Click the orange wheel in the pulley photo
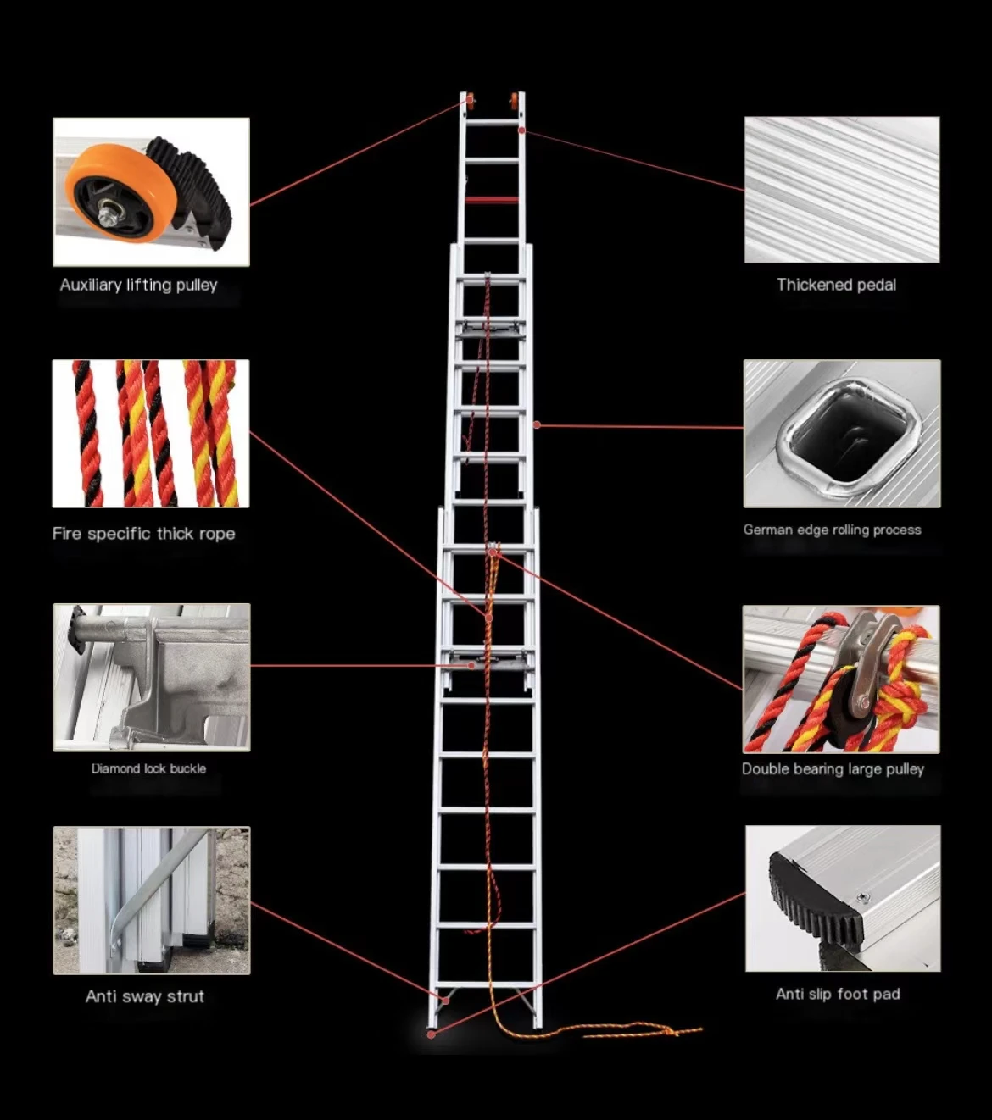pyautogui.click(x=119, y=194)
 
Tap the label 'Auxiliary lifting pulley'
pyautogui.click(x=139, y=285)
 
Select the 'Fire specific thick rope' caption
pyautogui.click(x=143, y=533)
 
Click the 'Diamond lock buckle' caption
pyautogui.click(x=149, y=768)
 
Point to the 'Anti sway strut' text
pyautogui.click(x=145, y=996)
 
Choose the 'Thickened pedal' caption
pyautogui.click(x=836, y=285)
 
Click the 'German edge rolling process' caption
pyautogui.click(x=832, y=530)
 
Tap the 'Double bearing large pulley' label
pyautogui.click(x=833, y=768)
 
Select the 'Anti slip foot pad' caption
pyautogui.click(x=838, y=994)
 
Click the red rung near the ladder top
pyautogui.click(x=492, y=200)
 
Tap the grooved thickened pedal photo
pyautogui.click(x=842, y=190)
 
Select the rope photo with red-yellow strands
pyautogui.click(x=151, y=434)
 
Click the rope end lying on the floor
pyautogui.click(x=678, y=1031)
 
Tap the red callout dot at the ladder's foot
pyautogui.click(x=432, y=1034)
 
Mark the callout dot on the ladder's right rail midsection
pyautogui.click(x=537, y=424)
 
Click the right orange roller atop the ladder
pyautogui.click(x=515, y=101)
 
